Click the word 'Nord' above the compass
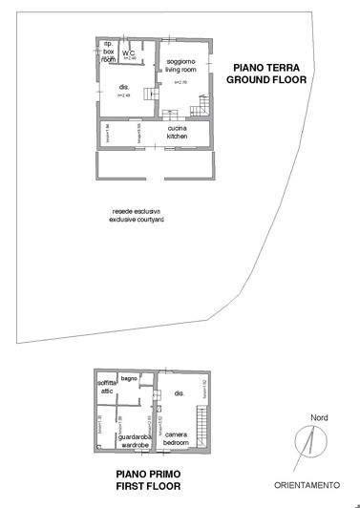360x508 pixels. pos(319,417)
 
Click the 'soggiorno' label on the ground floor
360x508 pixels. pos(174,61)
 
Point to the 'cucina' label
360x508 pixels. pos(177,128)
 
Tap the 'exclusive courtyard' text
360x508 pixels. pos(138,220)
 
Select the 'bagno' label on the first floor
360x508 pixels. pos(131,377)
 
